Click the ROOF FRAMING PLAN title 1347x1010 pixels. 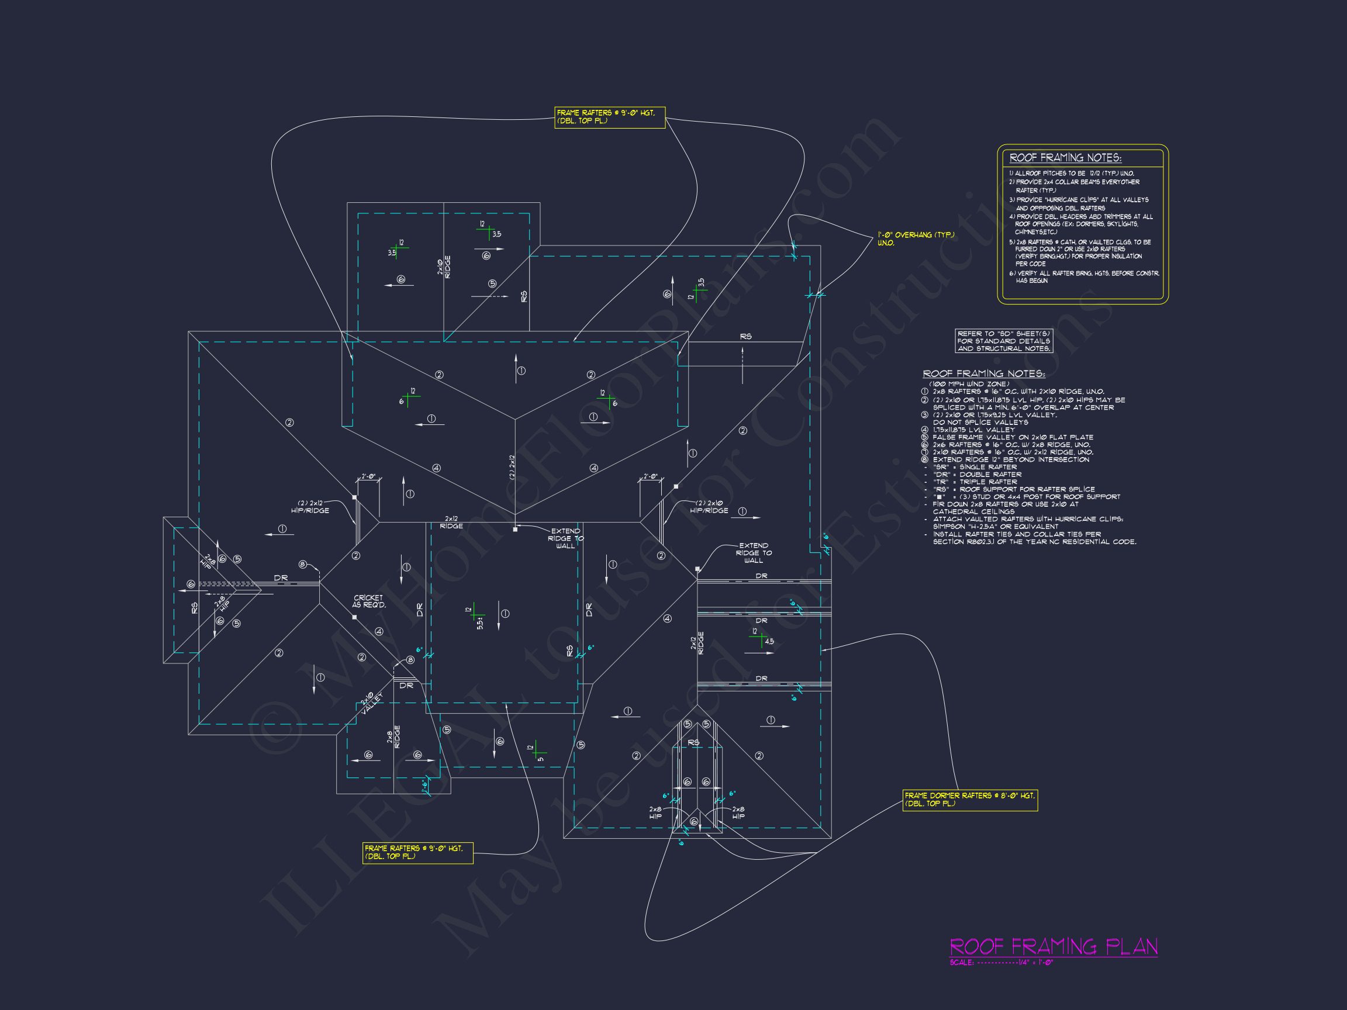click(1053, 947)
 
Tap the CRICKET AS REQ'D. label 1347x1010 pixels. click(369, 601)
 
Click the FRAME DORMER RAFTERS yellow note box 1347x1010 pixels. click(969, 800)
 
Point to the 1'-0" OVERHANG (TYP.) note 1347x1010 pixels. click(916, 238)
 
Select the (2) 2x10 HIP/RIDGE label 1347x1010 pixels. click(709, 507)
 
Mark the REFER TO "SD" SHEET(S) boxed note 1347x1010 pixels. click(1003, 341)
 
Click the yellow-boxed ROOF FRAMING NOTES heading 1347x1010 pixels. click(1065, 158)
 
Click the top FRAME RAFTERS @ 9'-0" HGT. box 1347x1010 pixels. click(610, 117)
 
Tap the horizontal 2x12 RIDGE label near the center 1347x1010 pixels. click(451, 522)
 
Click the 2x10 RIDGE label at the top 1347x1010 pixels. click(444, 267)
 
